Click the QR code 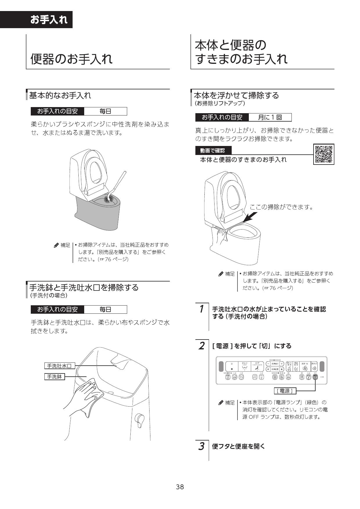point(324,154)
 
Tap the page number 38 point(180,487)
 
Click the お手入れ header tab point(49,20)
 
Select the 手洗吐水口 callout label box point(60,366)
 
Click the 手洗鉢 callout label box point(54,377)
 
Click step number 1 point(201,309)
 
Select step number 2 point(201,346)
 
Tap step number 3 point(201,446)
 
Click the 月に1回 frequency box point(270,117)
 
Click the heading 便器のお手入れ point(71,59)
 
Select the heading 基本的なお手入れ point(60,95)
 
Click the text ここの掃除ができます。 point(281,207)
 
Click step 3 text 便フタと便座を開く point(239,446)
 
